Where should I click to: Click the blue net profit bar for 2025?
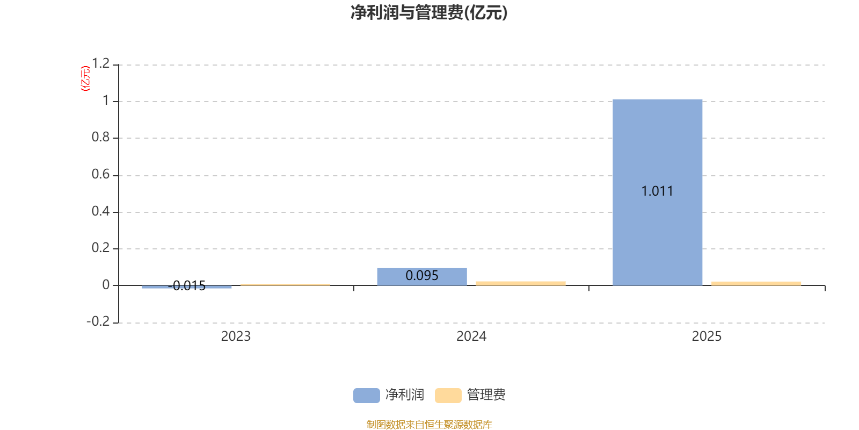point(657,192)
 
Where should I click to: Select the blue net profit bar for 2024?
point(422,276)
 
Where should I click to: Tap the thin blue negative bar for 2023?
point(186,287)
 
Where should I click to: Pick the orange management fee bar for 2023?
point(285,284)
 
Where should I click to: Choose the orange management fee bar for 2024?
point(521,283)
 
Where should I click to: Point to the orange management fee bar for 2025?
point(756,283)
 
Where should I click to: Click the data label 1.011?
point(657,191)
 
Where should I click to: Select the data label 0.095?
point(422,276)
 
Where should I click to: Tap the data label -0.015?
point(187,285)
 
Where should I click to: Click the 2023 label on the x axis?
point(236,336)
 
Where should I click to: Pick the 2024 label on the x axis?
point(471,336)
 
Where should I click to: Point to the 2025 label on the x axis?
point(707,336)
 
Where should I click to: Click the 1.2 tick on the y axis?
point(101,63)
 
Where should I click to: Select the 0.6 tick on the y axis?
point(100,175)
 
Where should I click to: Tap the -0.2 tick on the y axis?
point(98,321)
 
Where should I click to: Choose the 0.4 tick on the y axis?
point(100,211)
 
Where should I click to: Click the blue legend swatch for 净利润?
point(367,396)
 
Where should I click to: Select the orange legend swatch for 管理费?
point(448,396)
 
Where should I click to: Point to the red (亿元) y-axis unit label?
point(85,78)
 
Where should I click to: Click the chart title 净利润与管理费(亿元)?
point(429,13)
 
